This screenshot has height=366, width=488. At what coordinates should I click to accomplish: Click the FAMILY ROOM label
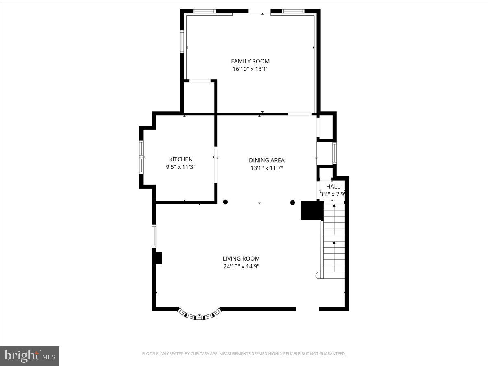[x=250, y=61]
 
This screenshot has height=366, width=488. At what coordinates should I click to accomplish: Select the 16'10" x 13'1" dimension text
[x=250, y=69]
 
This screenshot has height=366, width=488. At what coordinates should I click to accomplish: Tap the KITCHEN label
[x=181, y=159]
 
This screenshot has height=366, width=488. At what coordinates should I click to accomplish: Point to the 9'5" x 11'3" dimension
[x=181, y=167]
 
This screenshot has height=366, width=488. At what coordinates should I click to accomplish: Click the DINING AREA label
[x=266, y=160]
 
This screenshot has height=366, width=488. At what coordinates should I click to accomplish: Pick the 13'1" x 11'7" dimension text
[x=266, y=168]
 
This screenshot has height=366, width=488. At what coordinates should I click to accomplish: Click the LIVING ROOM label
[x=241, y=259]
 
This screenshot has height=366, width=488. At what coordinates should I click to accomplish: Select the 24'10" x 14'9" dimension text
[x=241, y=266]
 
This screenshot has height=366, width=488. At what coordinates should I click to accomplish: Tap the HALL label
[x=333, y=187]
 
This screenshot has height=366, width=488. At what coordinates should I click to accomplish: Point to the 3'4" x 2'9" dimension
[x=332, y=194]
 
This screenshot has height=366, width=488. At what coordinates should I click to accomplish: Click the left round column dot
[x=225, y=202]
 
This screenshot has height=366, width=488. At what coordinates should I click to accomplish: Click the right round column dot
[x=292, y=202]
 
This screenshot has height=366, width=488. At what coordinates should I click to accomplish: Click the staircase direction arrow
[x=334, y=243]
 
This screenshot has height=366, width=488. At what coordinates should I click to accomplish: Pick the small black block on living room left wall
[x=158, y=258]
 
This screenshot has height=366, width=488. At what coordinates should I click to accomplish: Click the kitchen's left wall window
[x=142, y=157]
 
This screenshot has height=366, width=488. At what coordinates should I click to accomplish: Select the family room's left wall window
[x=182, y=41]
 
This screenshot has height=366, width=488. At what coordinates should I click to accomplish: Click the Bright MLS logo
[x=30, y=356]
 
